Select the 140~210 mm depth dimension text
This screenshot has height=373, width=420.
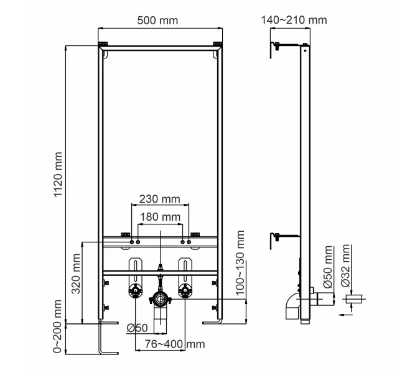294,20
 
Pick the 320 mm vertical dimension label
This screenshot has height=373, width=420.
77,275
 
